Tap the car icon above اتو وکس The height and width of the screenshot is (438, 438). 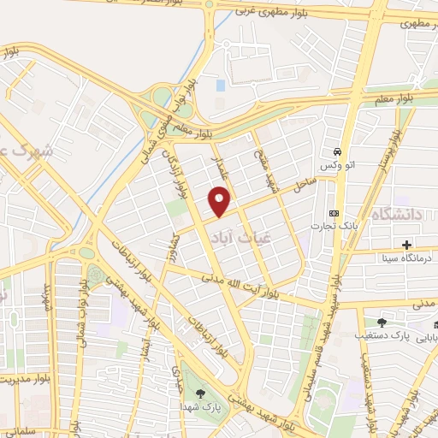[x=338, y=147]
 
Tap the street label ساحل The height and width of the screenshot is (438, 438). [x=304, y=185]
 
